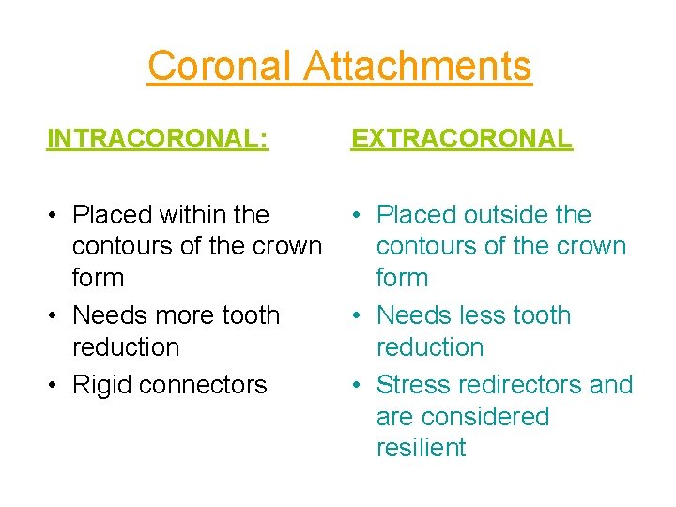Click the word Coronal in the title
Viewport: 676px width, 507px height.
223,67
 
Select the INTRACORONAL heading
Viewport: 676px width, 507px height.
158,139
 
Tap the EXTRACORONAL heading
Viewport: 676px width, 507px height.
461,139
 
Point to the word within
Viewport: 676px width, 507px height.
195,215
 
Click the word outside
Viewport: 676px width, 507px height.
503,215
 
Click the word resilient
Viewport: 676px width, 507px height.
421,448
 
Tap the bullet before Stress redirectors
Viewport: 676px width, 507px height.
358,386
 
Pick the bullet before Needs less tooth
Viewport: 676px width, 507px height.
358,316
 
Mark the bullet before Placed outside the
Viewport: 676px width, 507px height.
358,216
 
